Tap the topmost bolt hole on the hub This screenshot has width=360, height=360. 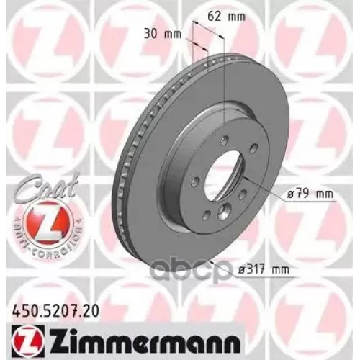pos(225,138)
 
